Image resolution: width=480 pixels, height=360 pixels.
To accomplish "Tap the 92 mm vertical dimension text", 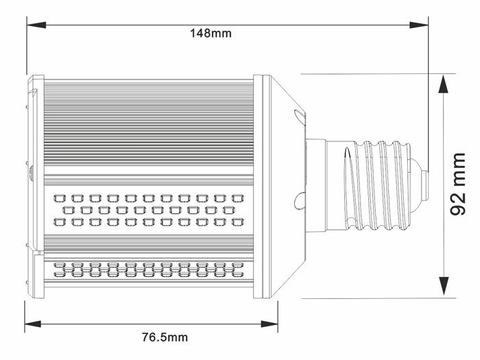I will tap(458, 184).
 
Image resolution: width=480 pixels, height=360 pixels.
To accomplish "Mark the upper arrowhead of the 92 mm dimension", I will tap(445, 82).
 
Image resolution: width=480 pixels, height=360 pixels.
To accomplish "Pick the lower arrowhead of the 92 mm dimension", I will tap(445, 287).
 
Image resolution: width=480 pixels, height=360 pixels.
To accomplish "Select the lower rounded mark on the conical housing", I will tap(298, 200).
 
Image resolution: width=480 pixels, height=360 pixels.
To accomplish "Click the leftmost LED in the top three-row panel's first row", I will tap(58, 197).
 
